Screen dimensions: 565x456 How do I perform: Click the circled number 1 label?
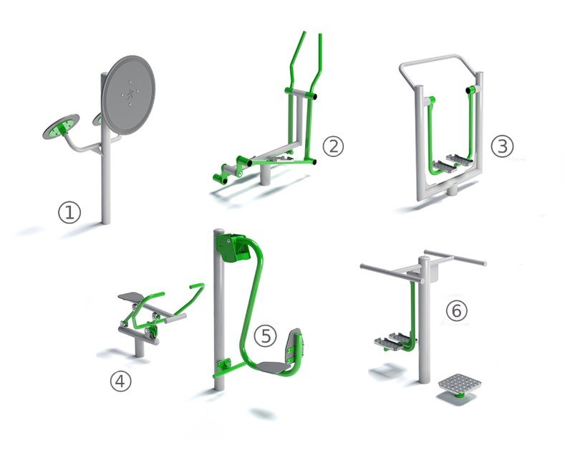click(x=69, y=212)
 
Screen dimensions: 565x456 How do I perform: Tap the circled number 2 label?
click(x=333, y=146)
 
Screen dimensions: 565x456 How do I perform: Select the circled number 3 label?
click(x=502, y=146)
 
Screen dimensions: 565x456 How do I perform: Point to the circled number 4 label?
click(x=121, y=381)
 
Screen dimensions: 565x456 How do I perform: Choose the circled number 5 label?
click(x=265, y=336)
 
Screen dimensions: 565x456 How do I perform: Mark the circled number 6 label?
click(x=457, y=310)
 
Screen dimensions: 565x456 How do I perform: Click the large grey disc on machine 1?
click(x=129, y=95)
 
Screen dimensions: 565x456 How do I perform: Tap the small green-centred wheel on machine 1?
click(x=62, y=126)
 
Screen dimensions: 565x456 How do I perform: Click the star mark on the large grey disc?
click(x=130, y=94)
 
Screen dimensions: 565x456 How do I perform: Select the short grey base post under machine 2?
click(x=265, y=175)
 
